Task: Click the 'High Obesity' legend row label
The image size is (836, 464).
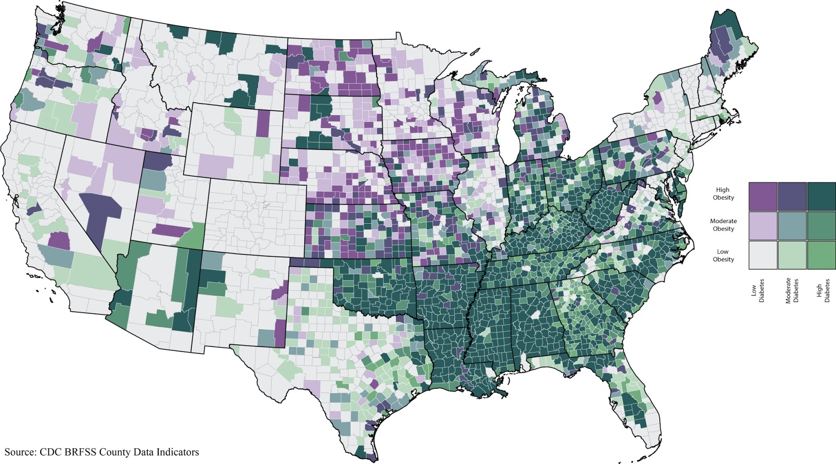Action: click(x=723, y=194)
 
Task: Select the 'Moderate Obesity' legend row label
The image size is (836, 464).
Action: click(x=723, y=225)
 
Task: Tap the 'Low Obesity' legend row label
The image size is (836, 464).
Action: click(x=723, y=256)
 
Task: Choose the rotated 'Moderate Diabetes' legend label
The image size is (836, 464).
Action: click(x=792, y=291)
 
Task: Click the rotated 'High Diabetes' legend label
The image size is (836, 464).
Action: click(x=823, y=291)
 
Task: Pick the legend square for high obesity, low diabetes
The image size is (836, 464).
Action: click(x=762, y=196)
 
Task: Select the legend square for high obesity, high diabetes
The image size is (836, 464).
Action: click(x=821, y=196)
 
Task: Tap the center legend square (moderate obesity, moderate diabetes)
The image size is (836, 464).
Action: click(x=792, y=225)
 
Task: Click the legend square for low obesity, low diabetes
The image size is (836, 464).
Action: click(x=762, y=255)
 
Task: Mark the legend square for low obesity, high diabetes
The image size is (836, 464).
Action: click(x=821, y=255)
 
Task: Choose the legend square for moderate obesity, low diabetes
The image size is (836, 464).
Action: click(x=762, y=225)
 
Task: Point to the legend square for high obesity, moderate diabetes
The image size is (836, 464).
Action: click(x=792, y=196)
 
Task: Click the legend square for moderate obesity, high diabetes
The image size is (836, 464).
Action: click(x=821, y=225)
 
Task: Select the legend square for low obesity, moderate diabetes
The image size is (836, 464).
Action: click(x=792, y=255)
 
